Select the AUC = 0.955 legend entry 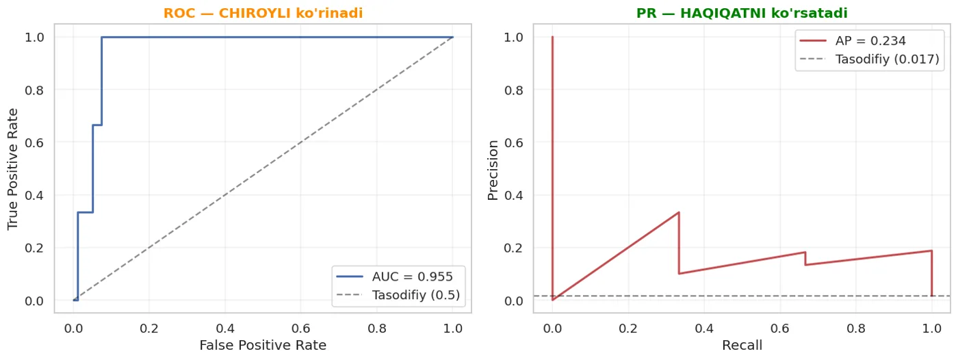pos(394,277)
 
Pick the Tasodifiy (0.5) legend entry pos(398,295)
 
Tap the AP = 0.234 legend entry pos(853,40)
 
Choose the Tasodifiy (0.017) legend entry pos(870,59)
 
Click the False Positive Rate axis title pos(263,345)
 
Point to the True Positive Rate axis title pos(13,169)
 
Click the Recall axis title pos(742,345)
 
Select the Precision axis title pos(493,170)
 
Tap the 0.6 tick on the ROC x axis pos(300,329)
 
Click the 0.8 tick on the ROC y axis pos(34,90)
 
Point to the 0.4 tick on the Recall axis pos(704,329)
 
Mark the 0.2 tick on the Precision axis pos(513,248)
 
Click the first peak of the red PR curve pos(679,212)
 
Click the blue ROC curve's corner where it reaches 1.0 pos(102,37)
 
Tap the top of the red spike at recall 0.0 pos(552,37)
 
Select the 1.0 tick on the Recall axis pos(932,329)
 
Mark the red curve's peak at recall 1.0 pos(931,250)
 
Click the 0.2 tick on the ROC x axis pos(149,329)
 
